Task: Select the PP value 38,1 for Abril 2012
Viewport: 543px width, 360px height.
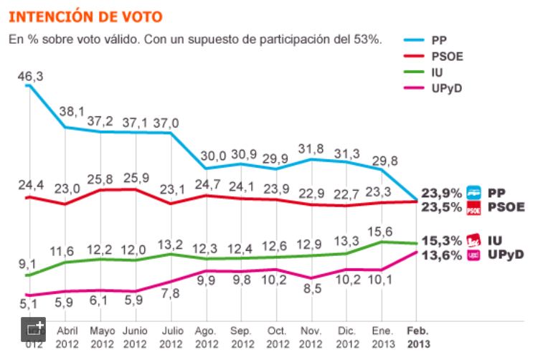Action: coord(76,111)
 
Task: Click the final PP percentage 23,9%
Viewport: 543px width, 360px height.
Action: coord(443,193)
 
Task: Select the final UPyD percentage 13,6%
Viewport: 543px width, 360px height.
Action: coord(443,255)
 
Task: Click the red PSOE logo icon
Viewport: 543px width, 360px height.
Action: coord(473,208)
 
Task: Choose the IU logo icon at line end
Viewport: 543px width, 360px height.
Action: coord(473,240)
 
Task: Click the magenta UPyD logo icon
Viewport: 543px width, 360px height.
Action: coord(473,255)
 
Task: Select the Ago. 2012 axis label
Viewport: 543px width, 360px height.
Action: coord(207,338)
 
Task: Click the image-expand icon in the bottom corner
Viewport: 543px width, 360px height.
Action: coord(34,330)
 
